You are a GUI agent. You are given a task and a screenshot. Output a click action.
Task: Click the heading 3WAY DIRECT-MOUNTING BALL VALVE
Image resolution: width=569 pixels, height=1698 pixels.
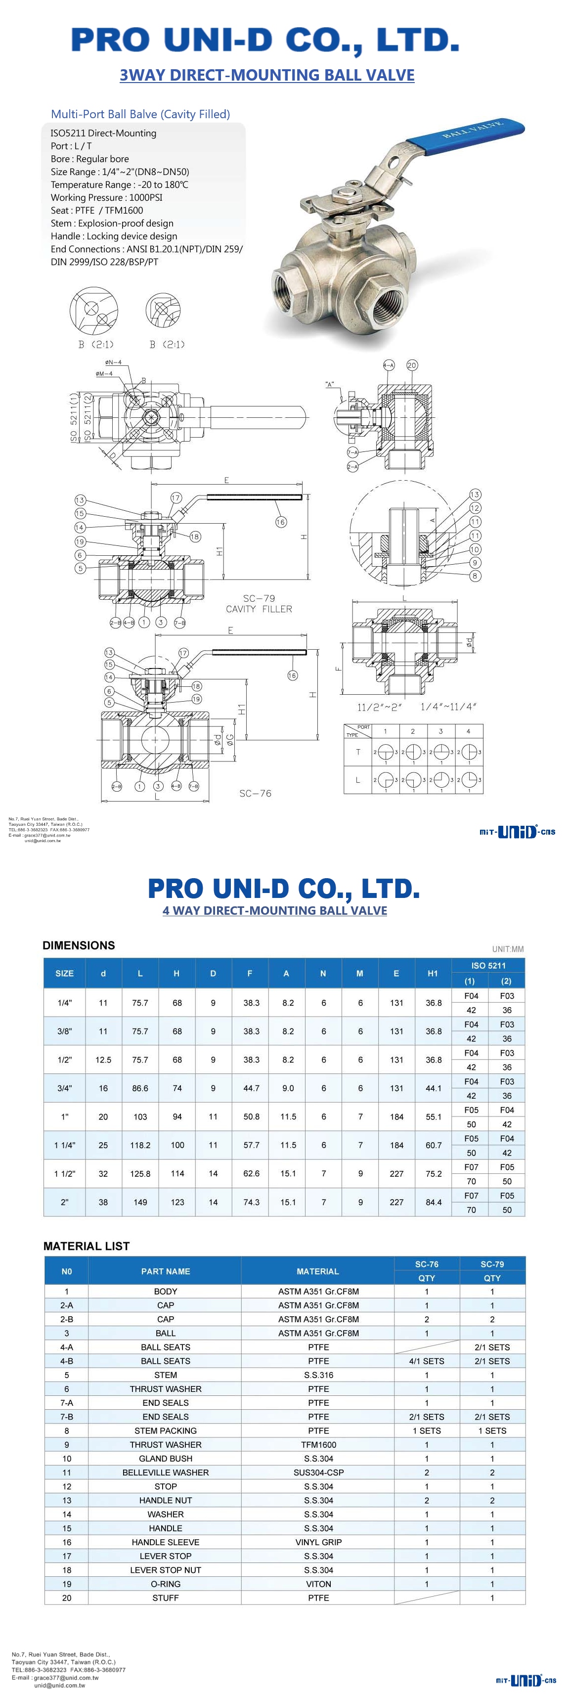pyautogui.click(x=266, y=75)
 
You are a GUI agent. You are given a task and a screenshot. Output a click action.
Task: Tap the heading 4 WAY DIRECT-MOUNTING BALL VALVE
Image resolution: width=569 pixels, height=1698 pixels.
pyautogui.click(x=274, y=910)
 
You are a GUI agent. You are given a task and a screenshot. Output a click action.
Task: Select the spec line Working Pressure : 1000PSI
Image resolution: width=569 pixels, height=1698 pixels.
pyautogui.click(x=106, y=197)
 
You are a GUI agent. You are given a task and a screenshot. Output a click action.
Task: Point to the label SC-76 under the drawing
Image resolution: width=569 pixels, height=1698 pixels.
pyautogui.click(x=255, y=793)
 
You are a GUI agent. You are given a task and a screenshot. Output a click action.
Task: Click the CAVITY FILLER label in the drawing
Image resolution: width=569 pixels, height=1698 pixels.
pyautogui.click(x=259, y=609)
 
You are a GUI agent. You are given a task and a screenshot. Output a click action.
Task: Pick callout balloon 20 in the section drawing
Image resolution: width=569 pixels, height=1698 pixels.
pyautogui.click(x=411, y=365)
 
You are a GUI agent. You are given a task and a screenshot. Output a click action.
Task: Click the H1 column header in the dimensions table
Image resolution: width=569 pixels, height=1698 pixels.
pyautogui.click(x=433, y=973)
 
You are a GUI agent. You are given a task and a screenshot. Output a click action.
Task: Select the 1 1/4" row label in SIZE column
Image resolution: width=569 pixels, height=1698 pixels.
pyautogui.click(x=65, y=1145)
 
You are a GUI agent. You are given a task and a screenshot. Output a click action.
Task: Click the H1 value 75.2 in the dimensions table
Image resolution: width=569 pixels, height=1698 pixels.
pyautogui.click(x=433, y=1173)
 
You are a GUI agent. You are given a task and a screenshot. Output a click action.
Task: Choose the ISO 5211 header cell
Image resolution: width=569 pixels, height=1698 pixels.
pyautogui.click(x=488, y=965)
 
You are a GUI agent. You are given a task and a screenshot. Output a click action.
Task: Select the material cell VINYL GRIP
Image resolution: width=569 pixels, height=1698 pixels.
pyautogui.click(x=318, y=1542)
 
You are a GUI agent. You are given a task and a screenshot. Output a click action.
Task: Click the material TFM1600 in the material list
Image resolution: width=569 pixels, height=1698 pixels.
pyautogui.click(x=318, y=1444)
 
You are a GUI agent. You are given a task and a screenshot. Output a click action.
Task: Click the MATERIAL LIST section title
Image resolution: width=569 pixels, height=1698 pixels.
pyautogui.click(x=87, y=1246)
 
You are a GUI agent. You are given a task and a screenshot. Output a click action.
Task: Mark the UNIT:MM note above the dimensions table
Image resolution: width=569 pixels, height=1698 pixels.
pyautogui.click(x=507, y=949)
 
